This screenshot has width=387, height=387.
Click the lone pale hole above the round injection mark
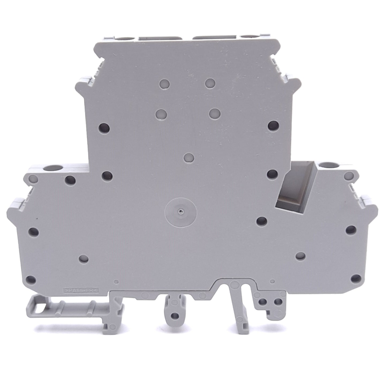189,157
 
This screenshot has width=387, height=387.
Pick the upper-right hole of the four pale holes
211,83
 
